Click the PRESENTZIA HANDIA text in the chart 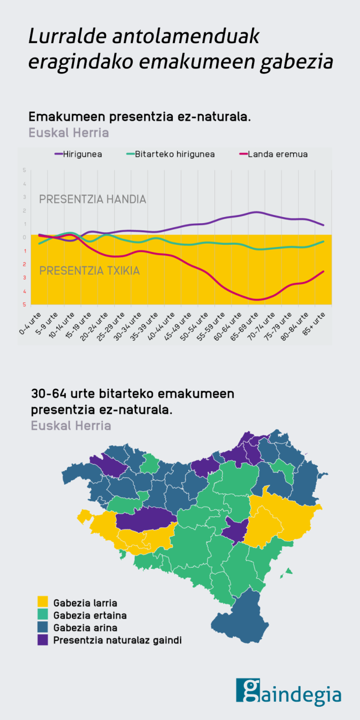click(x=92, y=199)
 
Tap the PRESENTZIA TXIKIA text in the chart click(x=89, y=271)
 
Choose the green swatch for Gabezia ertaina click(x=43, y=615)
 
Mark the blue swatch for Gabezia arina click(x=43, y=628)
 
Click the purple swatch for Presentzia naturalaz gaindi click(x=43, y=640)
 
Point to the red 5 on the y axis click(x=24, y=305)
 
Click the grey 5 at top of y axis click(x=24, y=170)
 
